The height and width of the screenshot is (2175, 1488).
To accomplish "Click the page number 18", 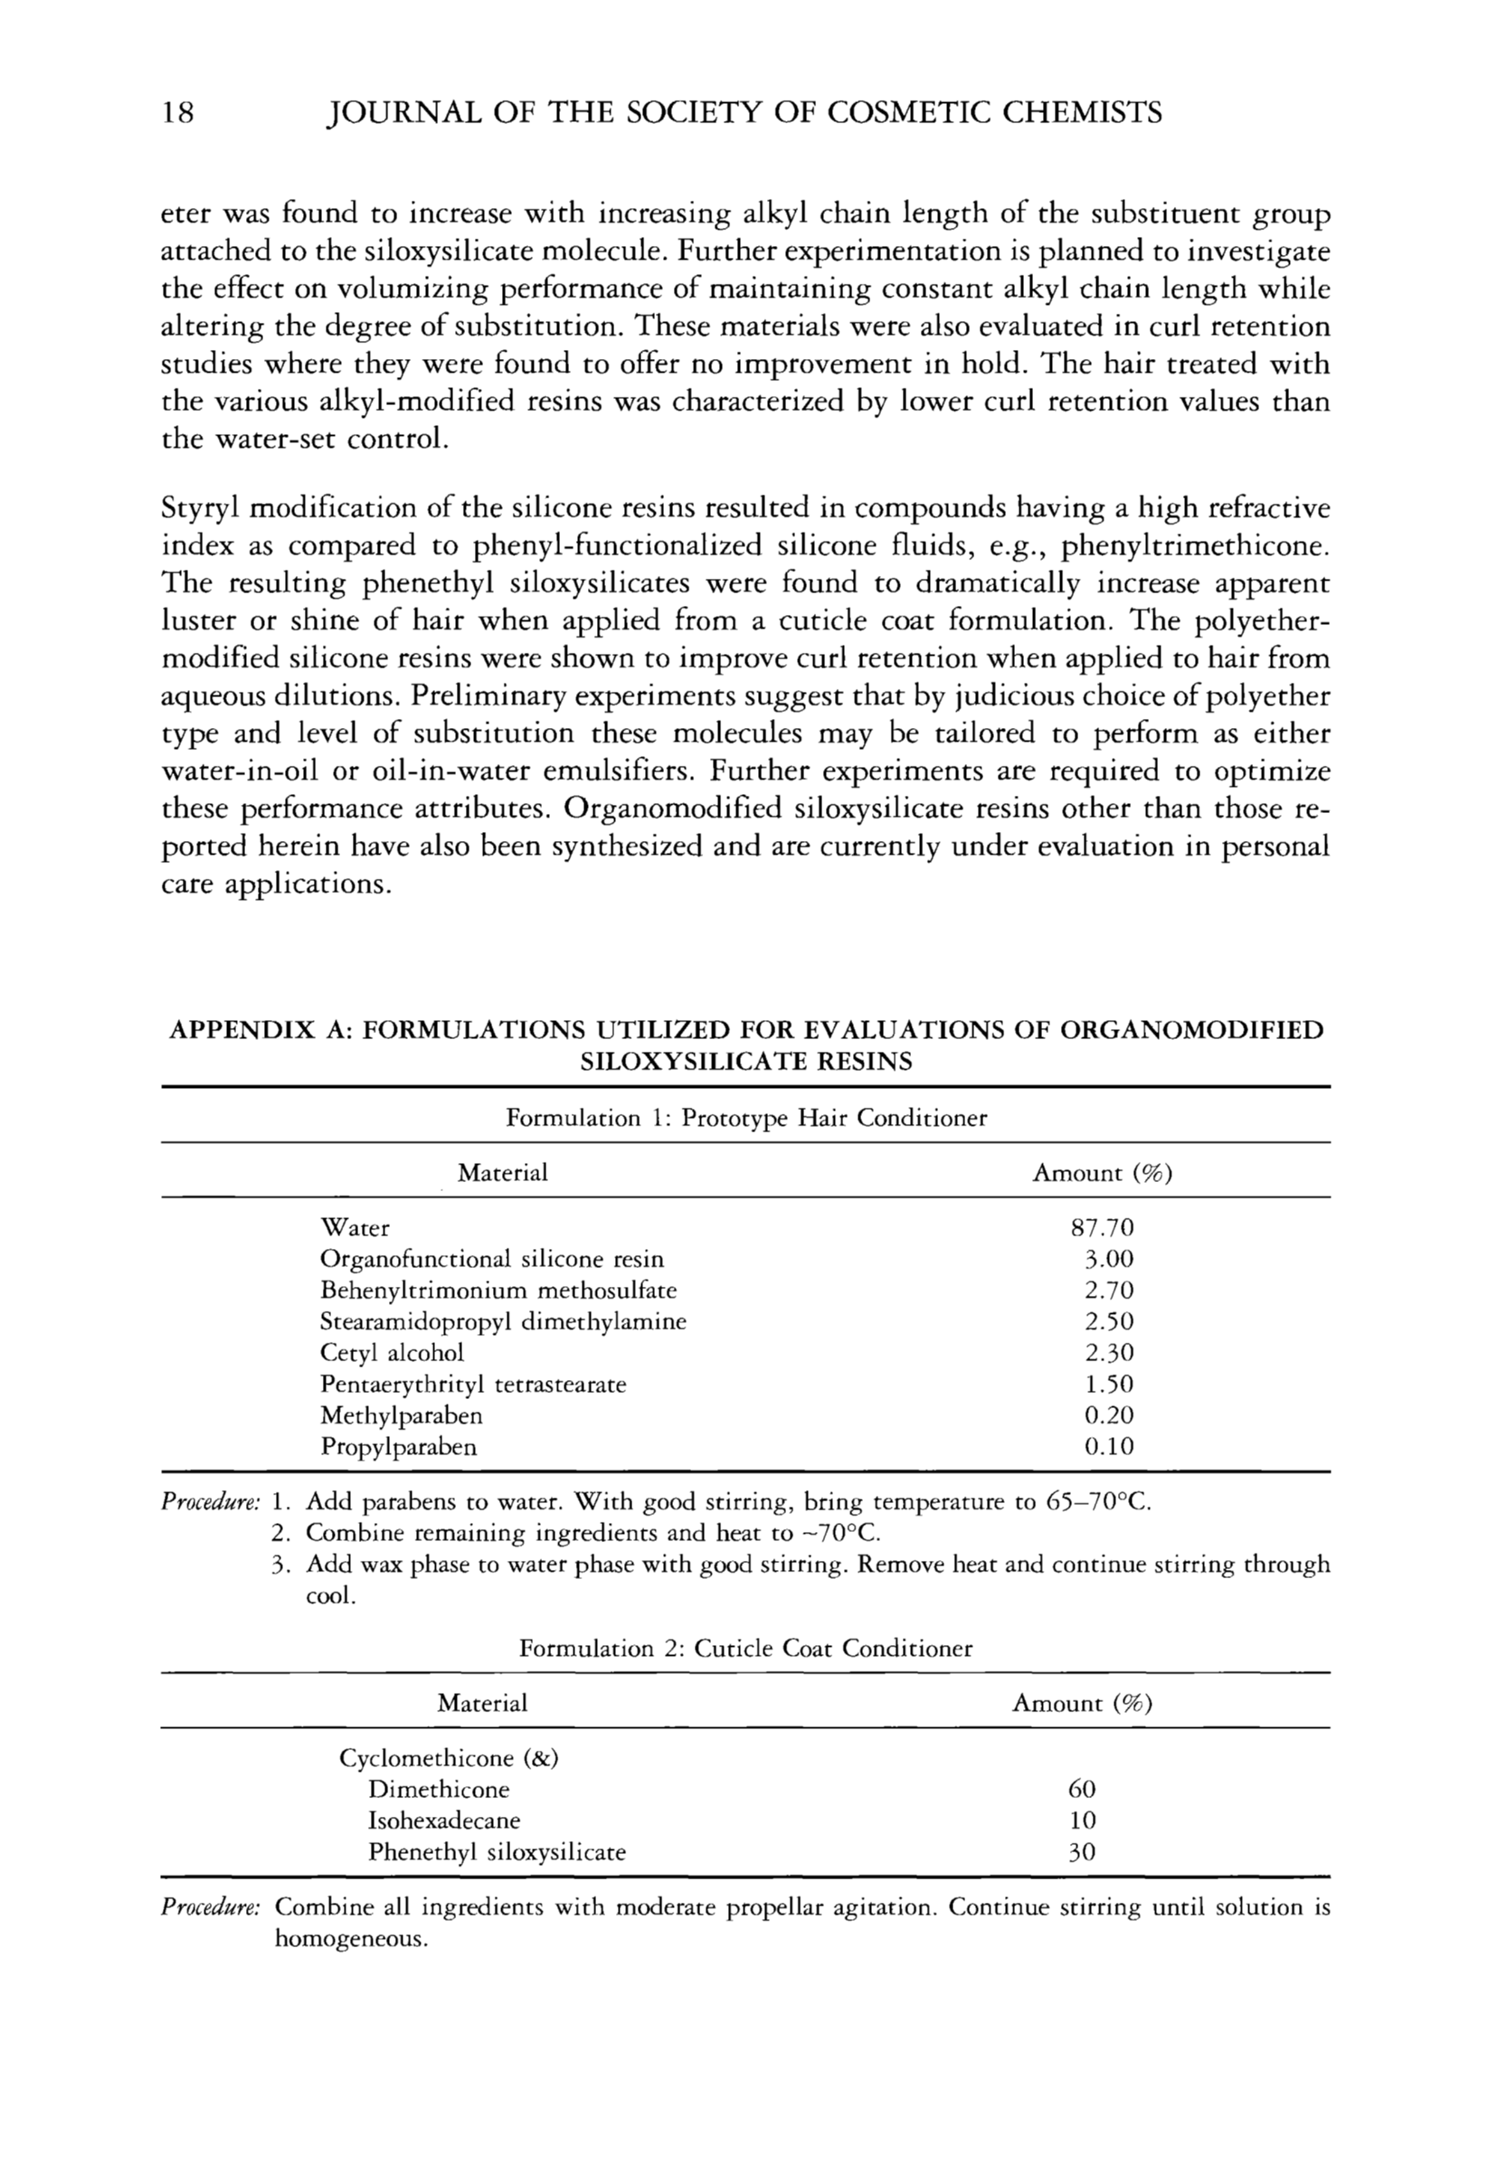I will point(178,113).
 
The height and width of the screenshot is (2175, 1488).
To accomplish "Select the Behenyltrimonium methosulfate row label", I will point(498,1291).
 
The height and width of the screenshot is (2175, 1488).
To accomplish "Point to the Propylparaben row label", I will point(399,1447).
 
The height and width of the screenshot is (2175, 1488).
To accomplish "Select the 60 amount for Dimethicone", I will point(1082,1790).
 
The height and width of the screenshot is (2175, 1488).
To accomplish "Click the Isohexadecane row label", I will point(443,1820).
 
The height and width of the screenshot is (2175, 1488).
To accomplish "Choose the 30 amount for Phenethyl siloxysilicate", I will point(1082,1851).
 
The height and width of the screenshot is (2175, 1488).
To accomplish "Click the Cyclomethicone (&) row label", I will point(449,1757).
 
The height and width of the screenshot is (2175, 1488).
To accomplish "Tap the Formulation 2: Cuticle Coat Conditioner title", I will point(746,1648).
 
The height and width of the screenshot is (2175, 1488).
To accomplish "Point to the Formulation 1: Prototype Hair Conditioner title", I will point(746,1119).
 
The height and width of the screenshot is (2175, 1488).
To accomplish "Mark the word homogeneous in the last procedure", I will point(350,1940).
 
